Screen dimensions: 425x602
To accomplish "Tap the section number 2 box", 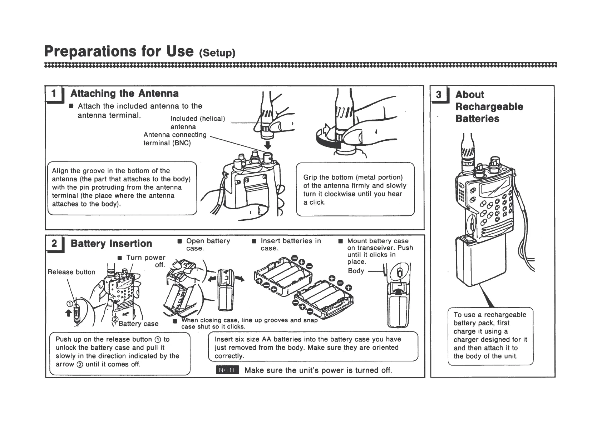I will pyautogui.click(x=54, y=244).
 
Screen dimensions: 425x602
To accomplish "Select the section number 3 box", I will pyautogui.click(x=439, y=95).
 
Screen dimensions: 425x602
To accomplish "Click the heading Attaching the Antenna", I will pyautogui.click(x=124, y=94).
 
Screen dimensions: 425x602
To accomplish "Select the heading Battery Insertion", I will pyautogui.click(x=111, y=244).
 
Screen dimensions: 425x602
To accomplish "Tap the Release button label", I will pyautogui.click(x=71, y=272).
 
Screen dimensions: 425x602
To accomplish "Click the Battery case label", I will pyautogui.click(x=138, y=324).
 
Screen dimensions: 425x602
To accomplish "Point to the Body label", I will pyautogui.click(x=356, y=271).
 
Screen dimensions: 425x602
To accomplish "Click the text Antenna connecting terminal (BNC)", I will pyautogui.click(x=175, y=139).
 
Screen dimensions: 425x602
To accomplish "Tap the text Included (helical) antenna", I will pyautogui.click(x=197, y=122).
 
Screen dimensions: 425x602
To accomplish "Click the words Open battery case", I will pyautogui.click(x=208, y=244).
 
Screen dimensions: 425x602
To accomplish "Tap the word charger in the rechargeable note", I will pyautogui.click(x=465, y=340).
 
